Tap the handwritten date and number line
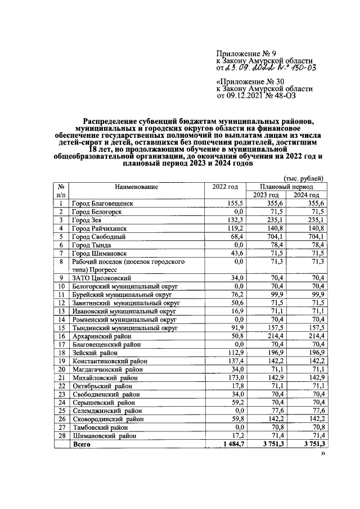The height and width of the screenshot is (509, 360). point(266,68)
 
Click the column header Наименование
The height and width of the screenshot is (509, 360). point(137,187)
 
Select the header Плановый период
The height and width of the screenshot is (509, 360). point(286,186)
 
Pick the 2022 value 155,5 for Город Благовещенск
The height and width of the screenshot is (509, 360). point(235,204)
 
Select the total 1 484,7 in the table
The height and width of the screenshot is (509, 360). point(231,444)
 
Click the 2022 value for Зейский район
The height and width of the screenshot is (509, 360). point(233,353)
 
